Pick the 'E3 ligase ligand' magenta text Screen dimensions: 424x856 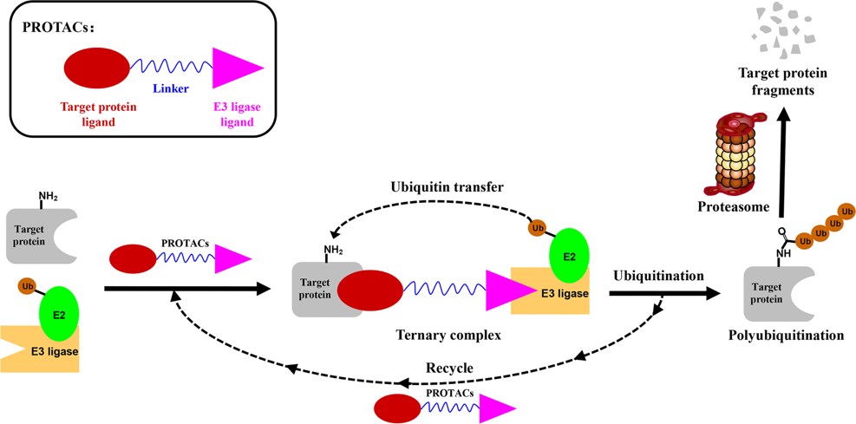point(237,114)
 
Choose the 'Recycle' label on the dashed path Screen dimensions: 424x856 point(448,368)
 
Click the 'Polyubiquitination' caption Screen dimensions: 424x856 point(787,335)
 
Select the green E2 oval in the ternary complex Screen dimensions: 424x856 point(569,256)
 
